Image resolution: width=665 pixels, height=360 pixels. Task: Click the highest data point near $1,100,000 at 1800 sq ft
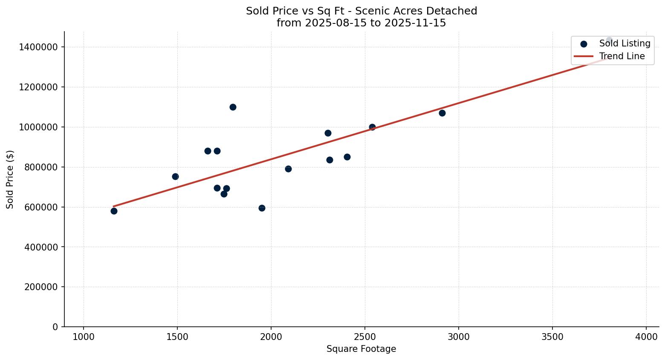(x=233, y=107)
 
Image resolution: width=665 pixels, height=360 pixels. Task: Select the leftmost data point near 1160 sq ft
(x=114, y=211)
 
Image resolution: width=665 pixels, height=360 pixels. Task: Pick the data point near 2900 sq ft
(x=442, y=113)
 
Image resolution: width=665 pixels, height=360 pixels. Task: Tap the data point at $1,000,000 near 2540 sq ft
(x=372, y=127)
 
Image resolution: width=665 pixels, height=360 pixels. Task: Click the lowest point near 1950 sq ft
(x=262, y=208)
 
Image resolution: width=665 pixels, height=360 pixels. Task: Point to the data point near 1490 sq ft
(x=175, y=176)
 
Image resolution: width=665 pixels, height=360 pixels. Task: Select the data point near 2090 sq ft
(x=288, y=169)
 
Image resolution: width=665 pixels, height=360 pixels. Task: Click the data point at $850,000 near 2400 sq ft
(x=347, y=157)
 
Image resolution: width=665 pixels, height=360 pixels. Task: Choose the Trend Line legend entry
(x=622, y=56)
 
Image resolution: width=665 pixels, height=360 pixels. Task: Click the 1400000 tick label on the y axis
(x=38, y=47)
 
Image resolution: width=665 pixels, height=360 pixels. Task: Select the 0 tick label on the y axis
(x=55, y=327)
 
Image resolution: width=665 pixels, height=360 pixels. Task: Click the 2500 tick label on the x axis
(x=365, y=337)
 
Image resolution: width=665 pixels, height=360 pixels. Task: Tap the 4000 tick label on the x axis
(x=646, y=337)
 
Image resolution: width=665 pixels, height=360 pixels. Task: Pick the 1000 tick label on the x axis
(x=84, y=337)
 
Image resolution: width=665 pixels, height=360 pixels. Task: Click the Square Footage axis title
(x=361, y=349)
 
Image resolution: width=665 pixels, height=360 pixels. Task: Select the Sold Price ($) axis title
(x=10, y=179)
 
